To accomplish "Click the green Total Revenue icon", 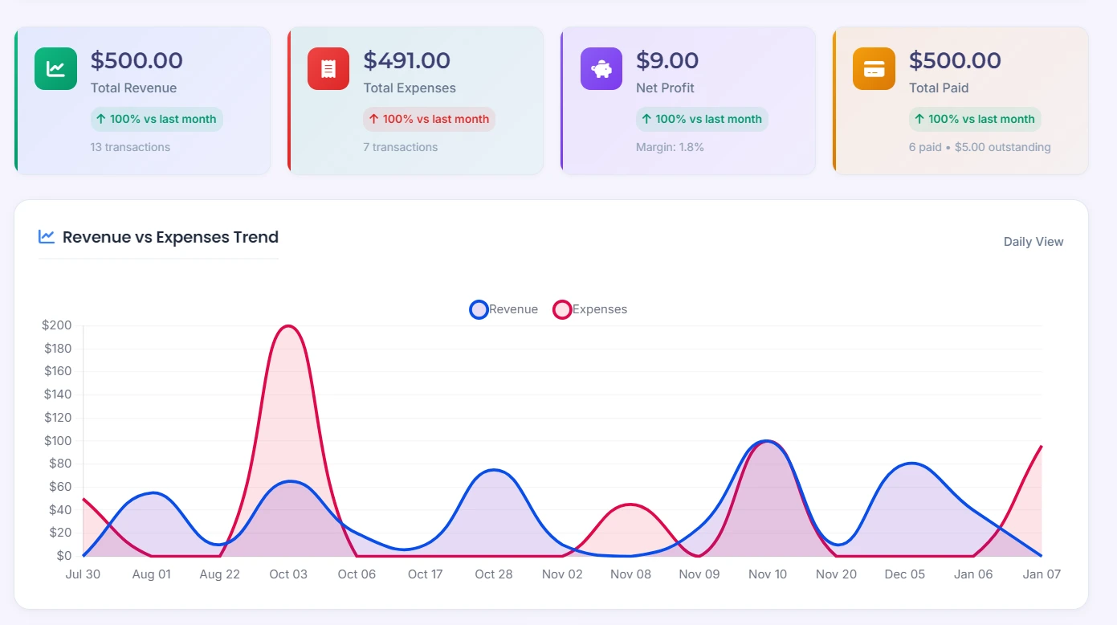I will coord(55,68).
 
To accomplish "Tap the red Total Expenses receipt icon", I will coord(328,68).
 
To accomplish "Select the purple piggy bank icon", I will coord(601,68).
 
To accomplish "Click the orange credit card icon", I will coord(874,68).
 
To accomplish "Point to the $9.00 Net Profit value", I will coord(667,60).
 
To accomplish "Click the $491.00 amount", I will coord(406,60).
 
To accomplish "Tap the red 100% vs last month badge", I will coord(429,119).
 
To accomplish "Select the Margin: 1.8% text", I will coord(670,147).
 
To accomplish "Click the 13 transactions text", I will coord(130,147).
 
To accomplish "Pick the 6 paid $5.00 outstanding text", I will coord(980,147).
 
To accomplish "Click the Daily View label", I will coord(1033,242).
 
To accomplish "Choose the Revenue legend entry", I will coord(503,309).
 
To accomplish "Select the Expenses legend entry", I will coord(590,309).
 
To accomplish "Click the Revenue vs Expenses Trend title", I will coord(170,237).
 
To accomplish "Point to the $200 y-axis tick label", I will coord(57,325).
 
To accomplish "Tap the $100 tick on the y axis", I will coord(57,440).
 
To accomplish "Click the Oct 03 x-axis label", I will coord(288,574).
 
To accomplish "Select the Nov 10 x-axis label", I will coord(768,574).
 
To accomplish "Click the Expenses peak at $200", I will coord(287,326).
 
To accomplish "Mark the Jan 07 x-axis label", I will coord(1042,574).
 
